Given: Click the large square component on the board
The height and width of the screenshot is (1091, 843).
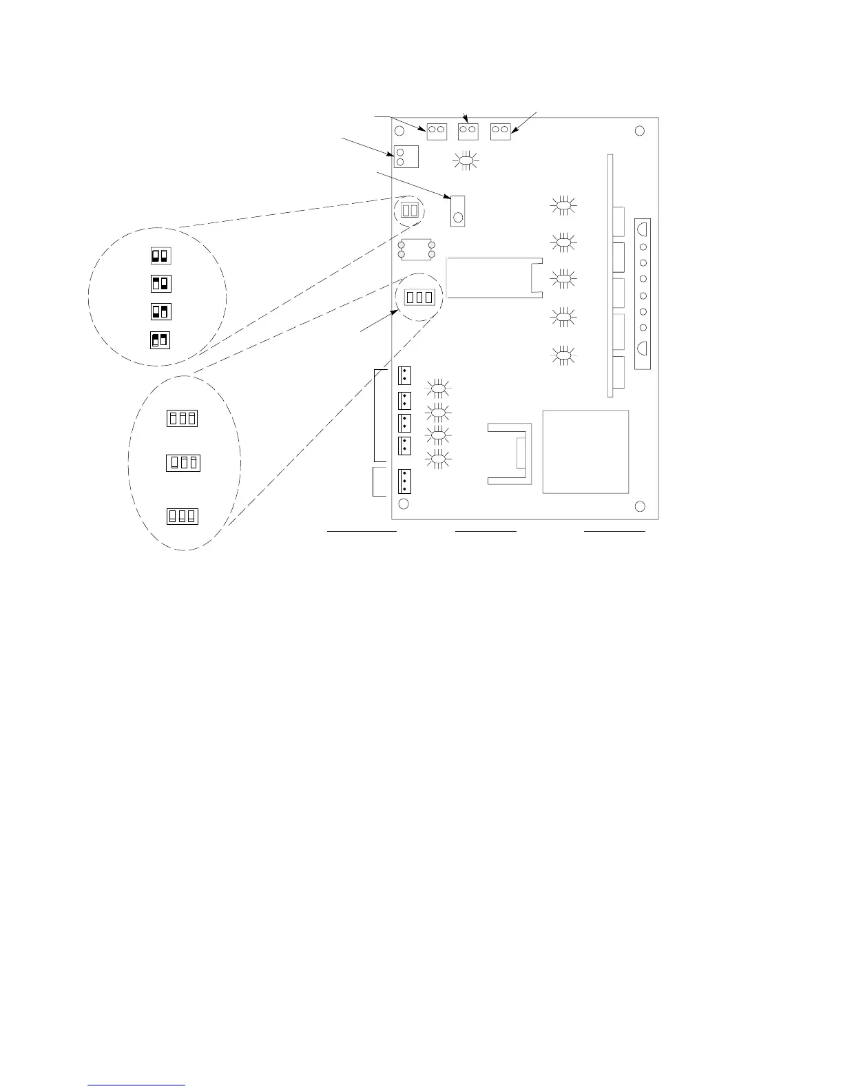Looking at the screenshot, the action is [x=585, y=452].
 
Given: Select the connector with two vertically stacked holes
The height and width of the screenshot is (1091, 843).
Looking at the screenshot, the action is [x=406, y=156].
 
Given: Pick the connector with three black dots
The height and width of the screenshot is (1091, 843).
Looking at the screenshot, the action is [x=404, y=481].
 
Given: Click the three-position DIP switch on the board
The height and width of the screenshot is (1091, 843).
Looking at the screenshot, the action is [x=419, y=298].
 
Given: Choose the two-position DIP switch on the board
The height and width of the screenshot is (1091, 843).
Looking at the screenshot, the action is [x=409, y=210].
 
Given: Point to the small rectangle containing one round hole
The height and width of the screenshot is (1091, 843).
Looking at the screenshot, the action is [x=458, y=210].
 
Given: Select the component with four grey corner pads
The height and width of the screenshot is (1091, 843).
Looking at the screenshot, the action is [x=415, y=249].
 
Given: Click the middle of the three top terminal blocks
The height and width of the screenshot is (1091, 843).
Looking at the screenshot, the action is [x=468, y=130].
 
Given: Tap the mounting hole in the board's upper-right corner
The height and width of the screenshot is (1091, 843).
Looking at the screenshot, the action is [x=639, y=131].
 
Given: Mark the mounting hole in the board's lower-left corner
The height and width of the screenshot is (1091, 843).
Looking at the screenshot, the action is [x=404, y=505].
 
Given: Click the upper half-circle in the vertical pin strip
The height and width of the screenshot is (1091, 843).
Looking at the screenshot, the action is [x=642, y=227].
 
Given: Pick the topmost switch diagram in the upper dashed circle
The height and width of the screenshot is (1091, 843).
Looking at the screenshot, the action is [x=160, y=256].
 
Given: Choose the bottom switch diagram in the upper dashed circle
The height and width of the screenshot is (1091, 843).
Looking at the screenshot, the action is [x=160, y=340].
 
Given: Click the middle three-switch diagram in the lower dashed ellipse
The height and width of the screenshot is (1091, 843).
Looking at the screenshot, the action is [x=183, y=463].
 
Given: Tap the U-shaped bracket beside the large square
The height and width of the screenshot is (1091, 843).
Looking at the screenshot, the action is [x=510, y=453].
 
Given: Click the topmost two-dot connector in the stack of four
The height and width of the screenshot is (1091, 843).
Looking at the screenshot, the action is [x=404, y=376].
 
